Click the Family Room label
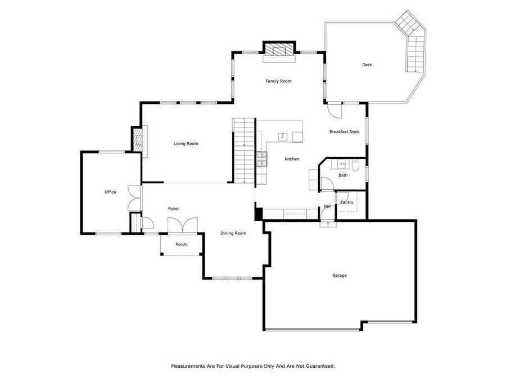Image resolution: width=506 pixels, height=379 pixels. (x=278, y=81)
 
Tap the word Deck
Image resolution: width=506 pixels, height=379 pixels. (x=367, y=65)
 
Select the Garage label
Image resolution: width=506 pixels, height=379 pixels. (x=339, y=275)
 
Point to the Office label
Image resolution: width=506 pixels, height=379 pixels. (x=110, y=192)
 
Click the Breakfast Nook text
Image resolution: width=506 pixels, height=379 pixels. (x=344, y=132)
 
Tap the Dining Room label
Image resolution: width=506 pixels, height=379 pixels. (x=233, y=233)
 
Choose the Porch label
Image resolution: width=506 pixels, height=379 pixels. (x=181, y=244)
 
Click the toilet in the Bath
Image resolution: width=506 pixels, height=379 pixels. (x=355, y=165)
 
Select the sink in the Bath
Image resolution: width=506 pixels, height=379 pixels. (x=341, y=165)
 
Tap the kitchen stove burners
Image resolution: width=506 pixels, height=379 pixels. (x=261, y=159)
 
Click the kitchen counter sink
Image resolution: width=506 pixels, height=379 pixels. (x=283, y=136)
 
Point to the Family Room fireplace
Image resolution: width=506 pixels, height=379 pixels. (x=279, y=49)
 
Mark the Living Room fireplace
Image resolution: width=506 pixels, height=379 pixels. (x=137, y=139)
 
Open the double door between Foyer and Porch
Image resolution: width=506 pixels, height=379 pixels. (x=183, y=225)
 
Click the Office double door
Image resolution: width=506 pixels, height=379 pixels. (x=133, y=198)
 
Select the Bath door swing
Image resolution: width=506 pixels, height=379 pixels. (x=327, y=185)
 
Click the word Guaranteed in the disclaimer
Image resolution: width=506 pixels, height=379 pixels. (x=321, y=366)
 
